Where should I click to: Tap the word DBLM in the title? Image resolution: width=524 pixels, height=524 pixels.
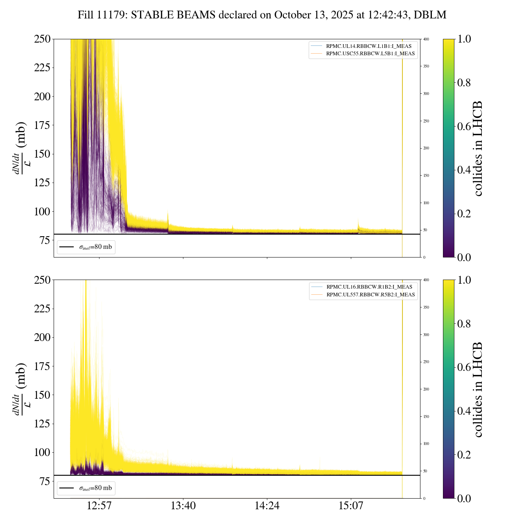(x=430, y=15)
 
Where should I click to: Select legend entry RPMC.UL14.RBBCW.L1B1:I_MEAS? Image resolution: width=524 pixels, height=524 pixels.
(x=368, y=46)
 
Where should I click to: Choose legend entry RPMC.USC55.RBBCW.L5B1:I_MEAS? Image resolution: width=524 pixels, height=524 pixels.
(x=370, y=54)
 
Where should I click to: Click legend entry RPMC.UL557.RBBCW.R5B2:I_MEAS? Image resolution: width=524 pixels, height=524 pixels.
(x=370, y=295)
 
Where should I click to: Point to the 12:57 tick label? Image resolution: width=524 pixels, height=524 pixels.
(x=99, y=506)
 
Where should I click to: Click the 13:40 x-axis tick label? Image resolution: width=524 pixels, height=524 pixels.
(x=183, y=506)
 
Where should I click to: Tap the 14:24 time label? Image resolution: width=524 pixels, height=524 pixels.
(x=267, y=506)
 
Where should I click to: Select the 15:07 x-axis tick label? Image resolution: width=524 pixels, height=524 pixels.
(x=351, y=506)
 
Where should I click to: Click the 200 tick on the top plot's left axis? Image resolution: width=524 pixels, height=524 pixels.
(x=42, y=97)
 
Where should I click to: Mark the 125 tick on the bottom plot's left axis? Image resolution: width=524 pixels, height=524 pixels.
(x=42, y=424)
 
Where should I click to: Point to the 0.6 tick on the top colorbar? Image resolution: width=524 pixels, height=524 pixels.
(x=464, y=126)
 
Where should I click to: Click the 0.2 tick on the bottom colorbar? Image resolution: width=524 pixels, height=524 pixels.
(x=464, y=454)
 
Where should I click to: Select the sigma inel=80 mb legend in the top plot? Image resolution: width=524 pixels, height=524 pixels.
(x=86, y=247)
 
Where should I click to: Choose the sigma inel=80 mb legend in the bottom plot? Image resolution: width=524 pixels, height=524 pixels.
(x=86, y=488)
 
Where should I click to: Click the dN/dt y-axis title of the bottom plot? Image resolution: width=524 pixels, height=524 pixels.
(x=20, y=389)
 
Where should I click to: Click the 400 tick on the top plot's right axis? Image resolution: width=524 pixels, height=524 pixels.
(x=426, y=39)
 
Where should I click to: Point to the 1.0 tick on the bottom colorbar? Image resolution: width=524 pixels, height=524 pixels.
(x=464, y=280)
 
